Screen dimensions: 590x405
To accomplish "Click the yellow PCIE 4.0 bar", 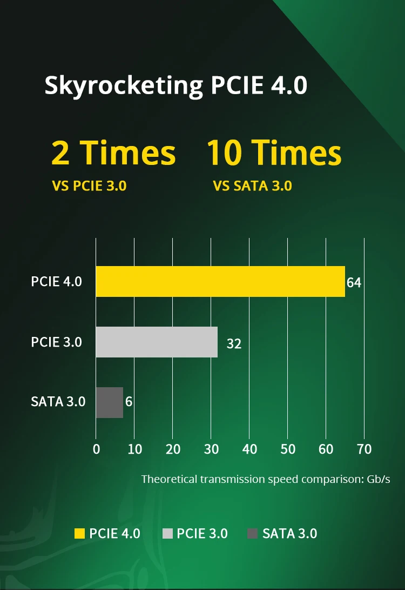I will coord(220,281).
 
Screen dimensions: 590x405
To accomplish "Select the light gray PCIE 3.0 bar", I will coord(157,342).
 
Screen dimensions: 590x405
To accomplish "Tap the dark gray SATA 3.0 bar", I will coord(110,402).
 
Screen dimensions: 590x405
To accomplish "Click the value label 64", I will coord(354,283).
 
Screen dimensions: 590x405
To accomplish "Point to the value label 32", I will coord(234,343).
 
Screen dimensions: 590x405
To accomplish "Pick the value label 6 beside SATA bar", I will coord(129,402).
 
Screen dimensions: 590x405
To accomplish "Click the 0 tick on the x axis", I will coord(96,449).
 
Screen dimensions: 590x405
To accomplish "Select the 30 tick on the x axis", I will coord(211,449).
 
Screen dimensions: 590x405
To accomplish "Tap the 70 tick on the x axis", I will coord(364,449).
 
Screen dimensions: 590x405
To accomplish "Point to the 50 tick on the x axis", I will coord(288,449).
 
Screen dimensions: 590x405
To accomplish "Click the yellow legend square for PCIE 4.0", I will coord(80,534).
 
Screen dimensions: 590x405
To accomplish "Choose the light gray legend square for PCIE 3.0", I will coord(167,534).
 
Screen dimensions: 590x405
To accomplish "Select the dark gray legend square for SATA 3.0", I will coord(252,534).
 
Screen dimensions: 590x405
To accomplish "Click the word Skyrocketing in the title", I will coord(123,85).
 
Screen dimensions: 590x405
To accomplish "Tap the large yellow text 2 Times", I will coord(113,153).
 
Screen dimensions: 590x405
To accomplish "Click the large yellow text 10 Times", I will coord(274,153).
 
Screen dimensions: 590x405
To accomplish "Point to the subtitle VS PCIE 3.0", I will coord(89,186).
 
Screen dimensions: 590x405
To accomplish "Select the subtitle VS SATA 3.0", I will coord(253,186).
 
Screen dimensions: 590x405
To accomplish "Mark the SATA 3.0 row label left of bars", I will coord(58,402).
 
